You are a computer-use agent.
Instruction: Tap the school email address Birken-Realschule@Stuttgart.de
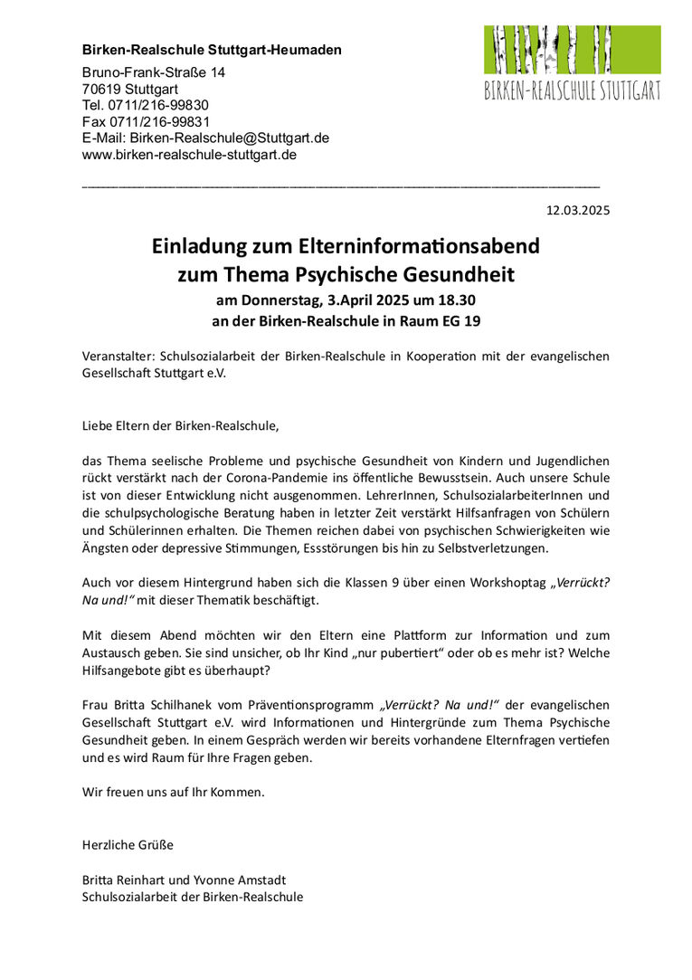tap(229, 138)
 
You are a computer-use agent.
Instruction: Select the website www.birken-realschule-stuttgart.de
tap(189, 155)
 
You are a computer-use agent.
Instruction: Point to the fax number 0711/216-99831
tap(159, 121)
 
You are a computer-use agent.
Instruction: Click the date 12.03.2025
tap(578, 211)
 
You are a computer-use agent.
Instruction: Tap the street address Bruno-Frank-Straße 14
tap(154, 72)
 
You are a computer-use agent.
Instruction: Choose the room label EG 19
tap(460, 320)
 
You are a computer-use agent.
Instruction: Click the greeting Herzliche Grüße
tap(128, 844)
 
